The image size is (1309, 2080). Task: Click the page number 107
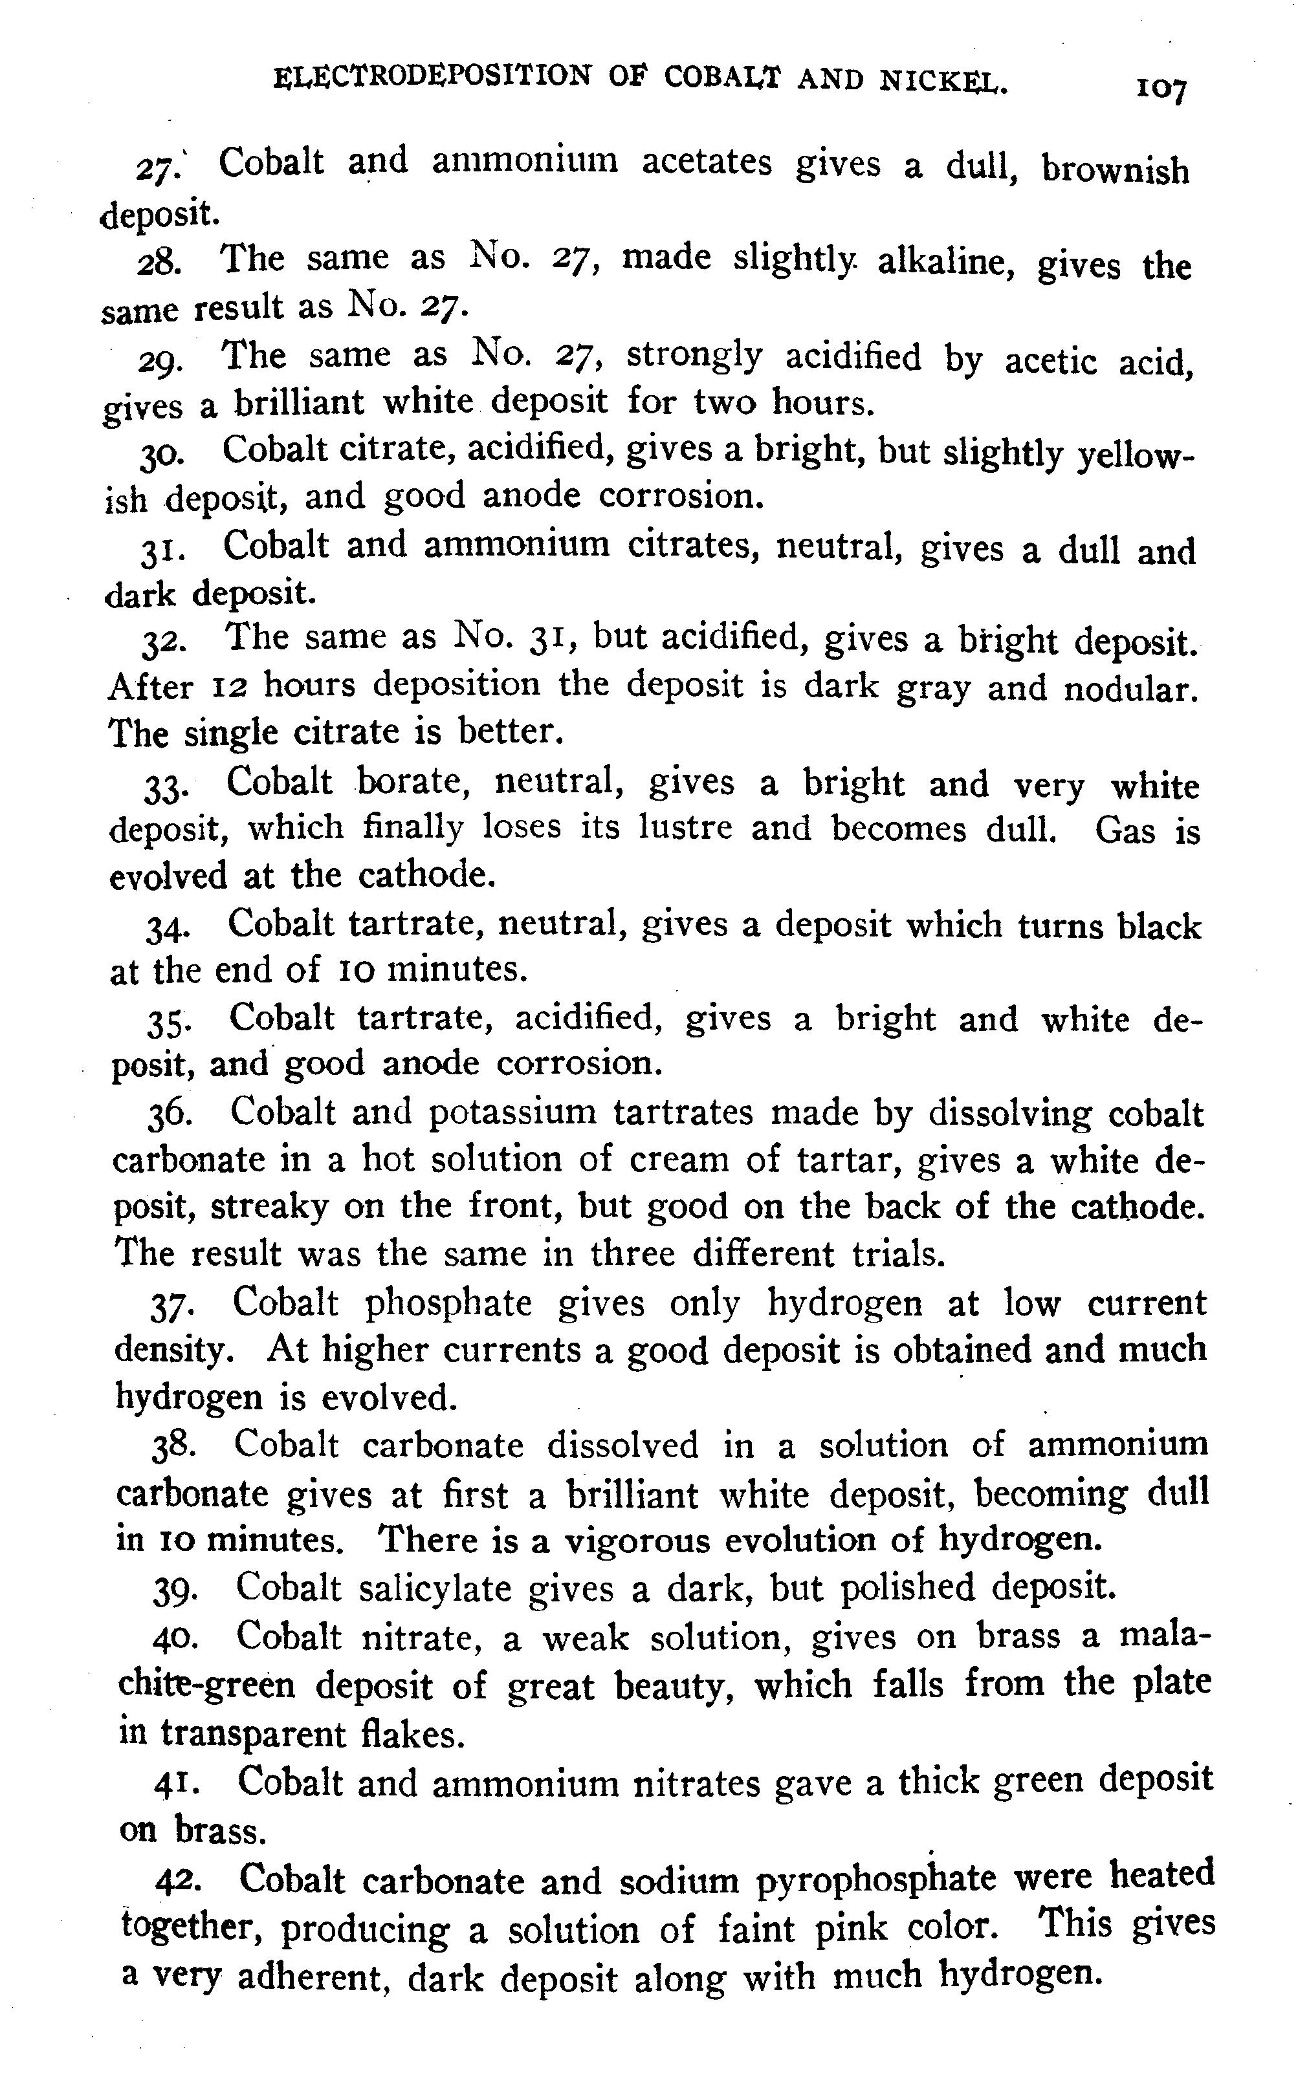click(1162, 87)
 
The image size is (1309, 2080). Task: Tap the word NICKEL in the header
click(943, 81)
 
